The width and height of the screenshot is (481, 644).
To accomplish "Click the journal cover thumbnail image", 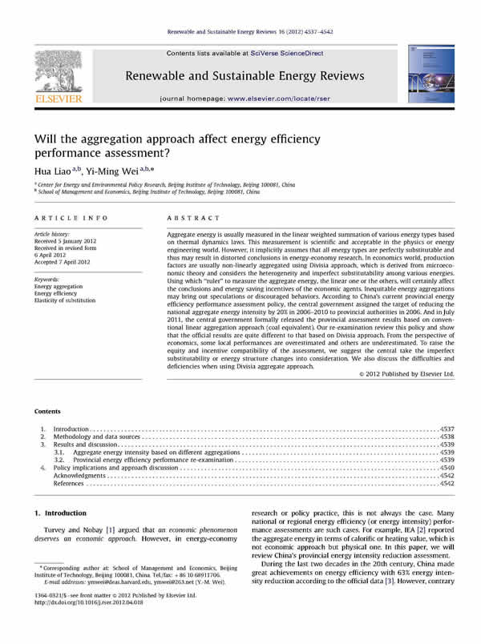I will coord(427,75).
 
